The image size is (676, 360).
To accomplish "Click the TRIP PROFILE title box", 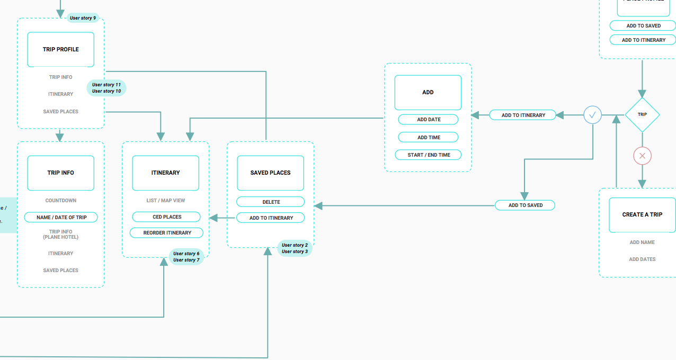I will (x=61, y=49).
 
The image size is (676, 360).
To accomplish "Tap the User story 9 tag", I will (x=83, y=18).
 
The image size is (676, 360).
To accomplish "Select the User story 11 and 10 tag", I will (x=106, y=88).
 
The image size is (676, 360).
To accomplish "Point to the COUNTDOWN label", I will (x=61, y=201).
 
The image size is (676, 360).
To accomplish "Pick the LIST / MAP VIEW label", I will (x=166, y=201).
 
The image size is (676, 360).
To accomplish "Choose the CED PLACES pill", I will (x=166, y=217).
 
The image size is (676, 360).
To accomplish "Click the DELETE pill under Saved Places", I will (x=271, y=202).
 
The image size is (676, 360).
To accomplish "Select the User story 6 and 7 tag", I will (x=186, y=257).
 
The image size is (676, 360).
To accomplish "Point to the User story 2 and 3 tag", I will (x=295, y=248).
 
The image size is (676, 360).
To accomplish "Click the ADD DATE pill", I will (x=429, y=120).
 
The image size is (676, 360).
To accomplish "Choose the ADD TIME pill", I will (x=429, y=138).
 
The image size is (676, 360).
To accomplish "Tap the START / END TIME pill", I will (x=429, y=155).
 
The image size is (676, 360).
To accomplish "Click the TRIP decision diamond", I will (x=642, y=114).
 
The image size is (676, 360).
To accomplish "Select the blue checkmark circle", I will (x=593, y=114).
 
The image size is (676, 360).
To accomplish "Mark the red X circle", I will (x=642, y=156).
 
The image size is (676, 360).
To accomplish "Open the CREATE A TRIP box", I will (x=642, y=215).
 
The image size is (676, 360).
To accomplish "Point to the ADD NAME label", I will (x=642, y=242).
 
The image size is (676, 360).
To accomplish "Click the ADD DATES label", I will (x=642, y=259).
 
